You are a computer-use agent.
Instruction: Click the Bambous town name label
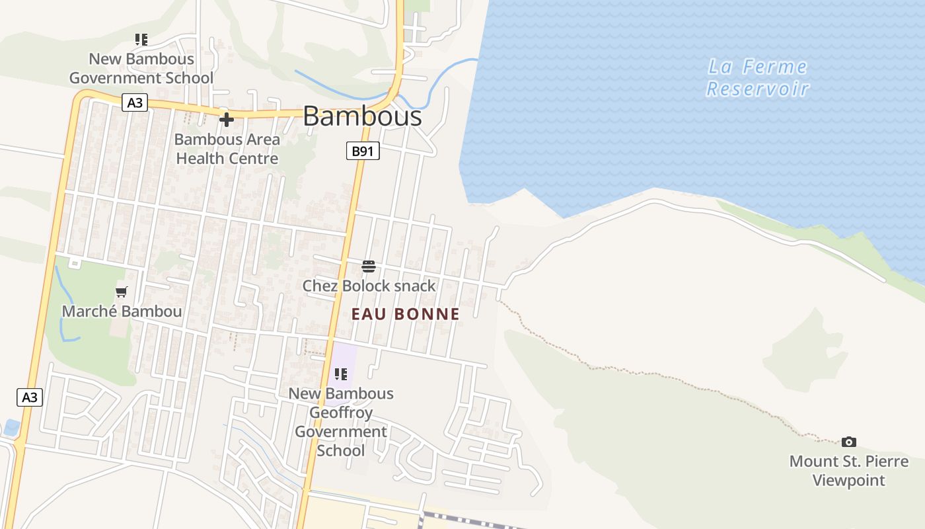(x=362, y=116)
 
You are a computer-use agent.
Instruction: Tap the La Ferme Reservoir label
(x=757, y=77)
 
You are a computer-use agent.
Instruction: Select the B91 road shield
(x=363, y=151)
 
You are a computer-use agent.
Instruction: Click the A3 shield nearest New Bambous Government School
(x=134, y=102)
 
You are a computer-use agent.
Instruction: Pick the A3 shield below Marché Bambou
(x=30, y=397)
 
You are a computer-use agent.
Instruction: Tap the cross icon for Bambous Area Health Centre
(x=227, y=120)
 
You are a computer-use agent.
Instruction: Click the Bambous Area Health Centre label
(x=227, y=149)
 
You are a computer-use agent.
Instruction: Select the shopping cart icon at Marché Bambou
(x=121, y=292)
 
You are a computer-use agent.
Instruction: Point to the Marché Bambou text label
(x=122, y=311)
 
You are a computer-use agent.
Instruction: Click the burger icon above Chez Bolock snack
(x=369, y=266)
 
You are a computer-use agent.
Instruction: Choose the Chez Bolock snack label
(x=369, y=286)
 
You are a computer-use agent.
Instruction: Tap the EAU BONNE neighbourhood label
(x=405, y=314)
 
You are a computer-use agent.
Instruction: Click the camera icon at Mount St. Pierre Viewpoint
(x=849, y=442)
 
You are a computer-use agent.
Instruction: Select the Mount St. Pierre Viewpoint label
(x=848, y=470)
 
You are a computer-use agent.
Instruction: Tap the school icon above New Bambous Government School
(x=141, y=40)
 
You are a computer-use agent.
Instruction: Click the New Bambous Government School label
(x=141, y=68)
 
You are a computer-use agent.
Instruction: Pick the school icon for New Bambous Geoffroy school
(x=341, y=374)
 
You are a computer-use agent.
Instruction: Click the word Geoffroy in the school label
(x=342, y=413)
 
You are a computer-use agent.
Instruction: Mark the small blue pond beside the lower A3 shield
(x=11, y=427)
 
